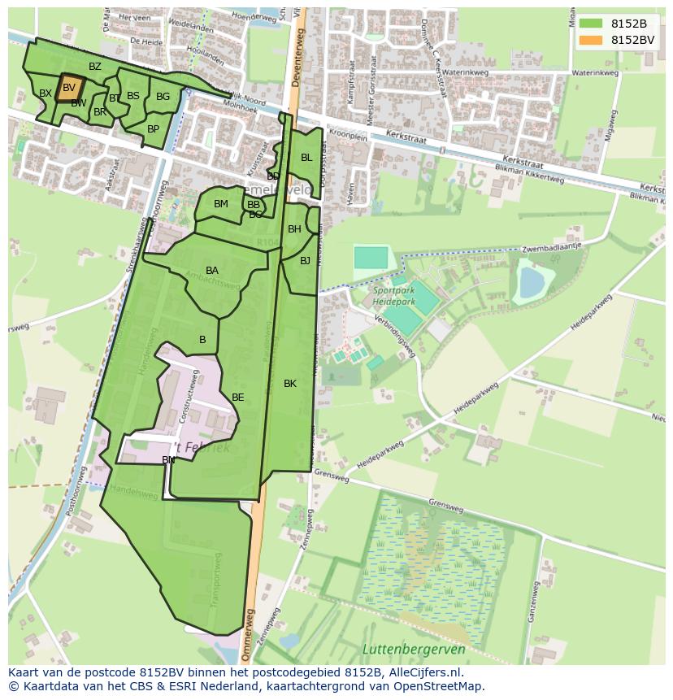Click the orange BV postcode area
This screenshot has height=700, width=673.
pyautogui.click(x=70, y=87)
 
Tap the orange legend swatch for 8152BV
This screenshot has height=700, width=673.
pyautogui.click(x=591, y=40)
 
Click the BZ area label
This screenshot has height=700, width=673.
pyautogui.click(x=95, y=67)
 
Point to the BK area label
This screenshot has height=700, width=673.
pyautogui.click(x=290, y=384)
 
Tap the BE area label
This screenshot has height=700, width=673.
pyautogui.click(x=237, y=398)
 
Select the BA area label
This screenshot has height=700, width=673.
pyautogui.click(x=212, y=271)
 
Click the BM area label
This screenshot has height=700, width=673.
pyautogui.click(x=221, y=204)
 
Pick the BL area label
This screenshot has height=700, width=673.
pyautogui.click(x=306, y=158)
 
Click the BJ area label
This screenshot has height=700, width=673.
pyautogui.click(x=305, y=261)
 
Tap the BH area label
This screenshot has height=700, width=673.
pyautogui.click(x=294, y=229)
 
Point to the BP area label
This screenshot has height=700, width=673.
pyautogui.click(x=153, y=129)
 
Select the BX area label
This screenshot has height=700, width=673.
pyautogui.click(x=46, y=93)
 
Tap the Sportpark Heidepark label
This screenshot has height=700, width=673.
pyautogui.click(x=393, y=295)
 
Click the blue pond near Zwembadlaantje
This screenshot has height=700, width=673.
pyautogui.click(x=532, y=282)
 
